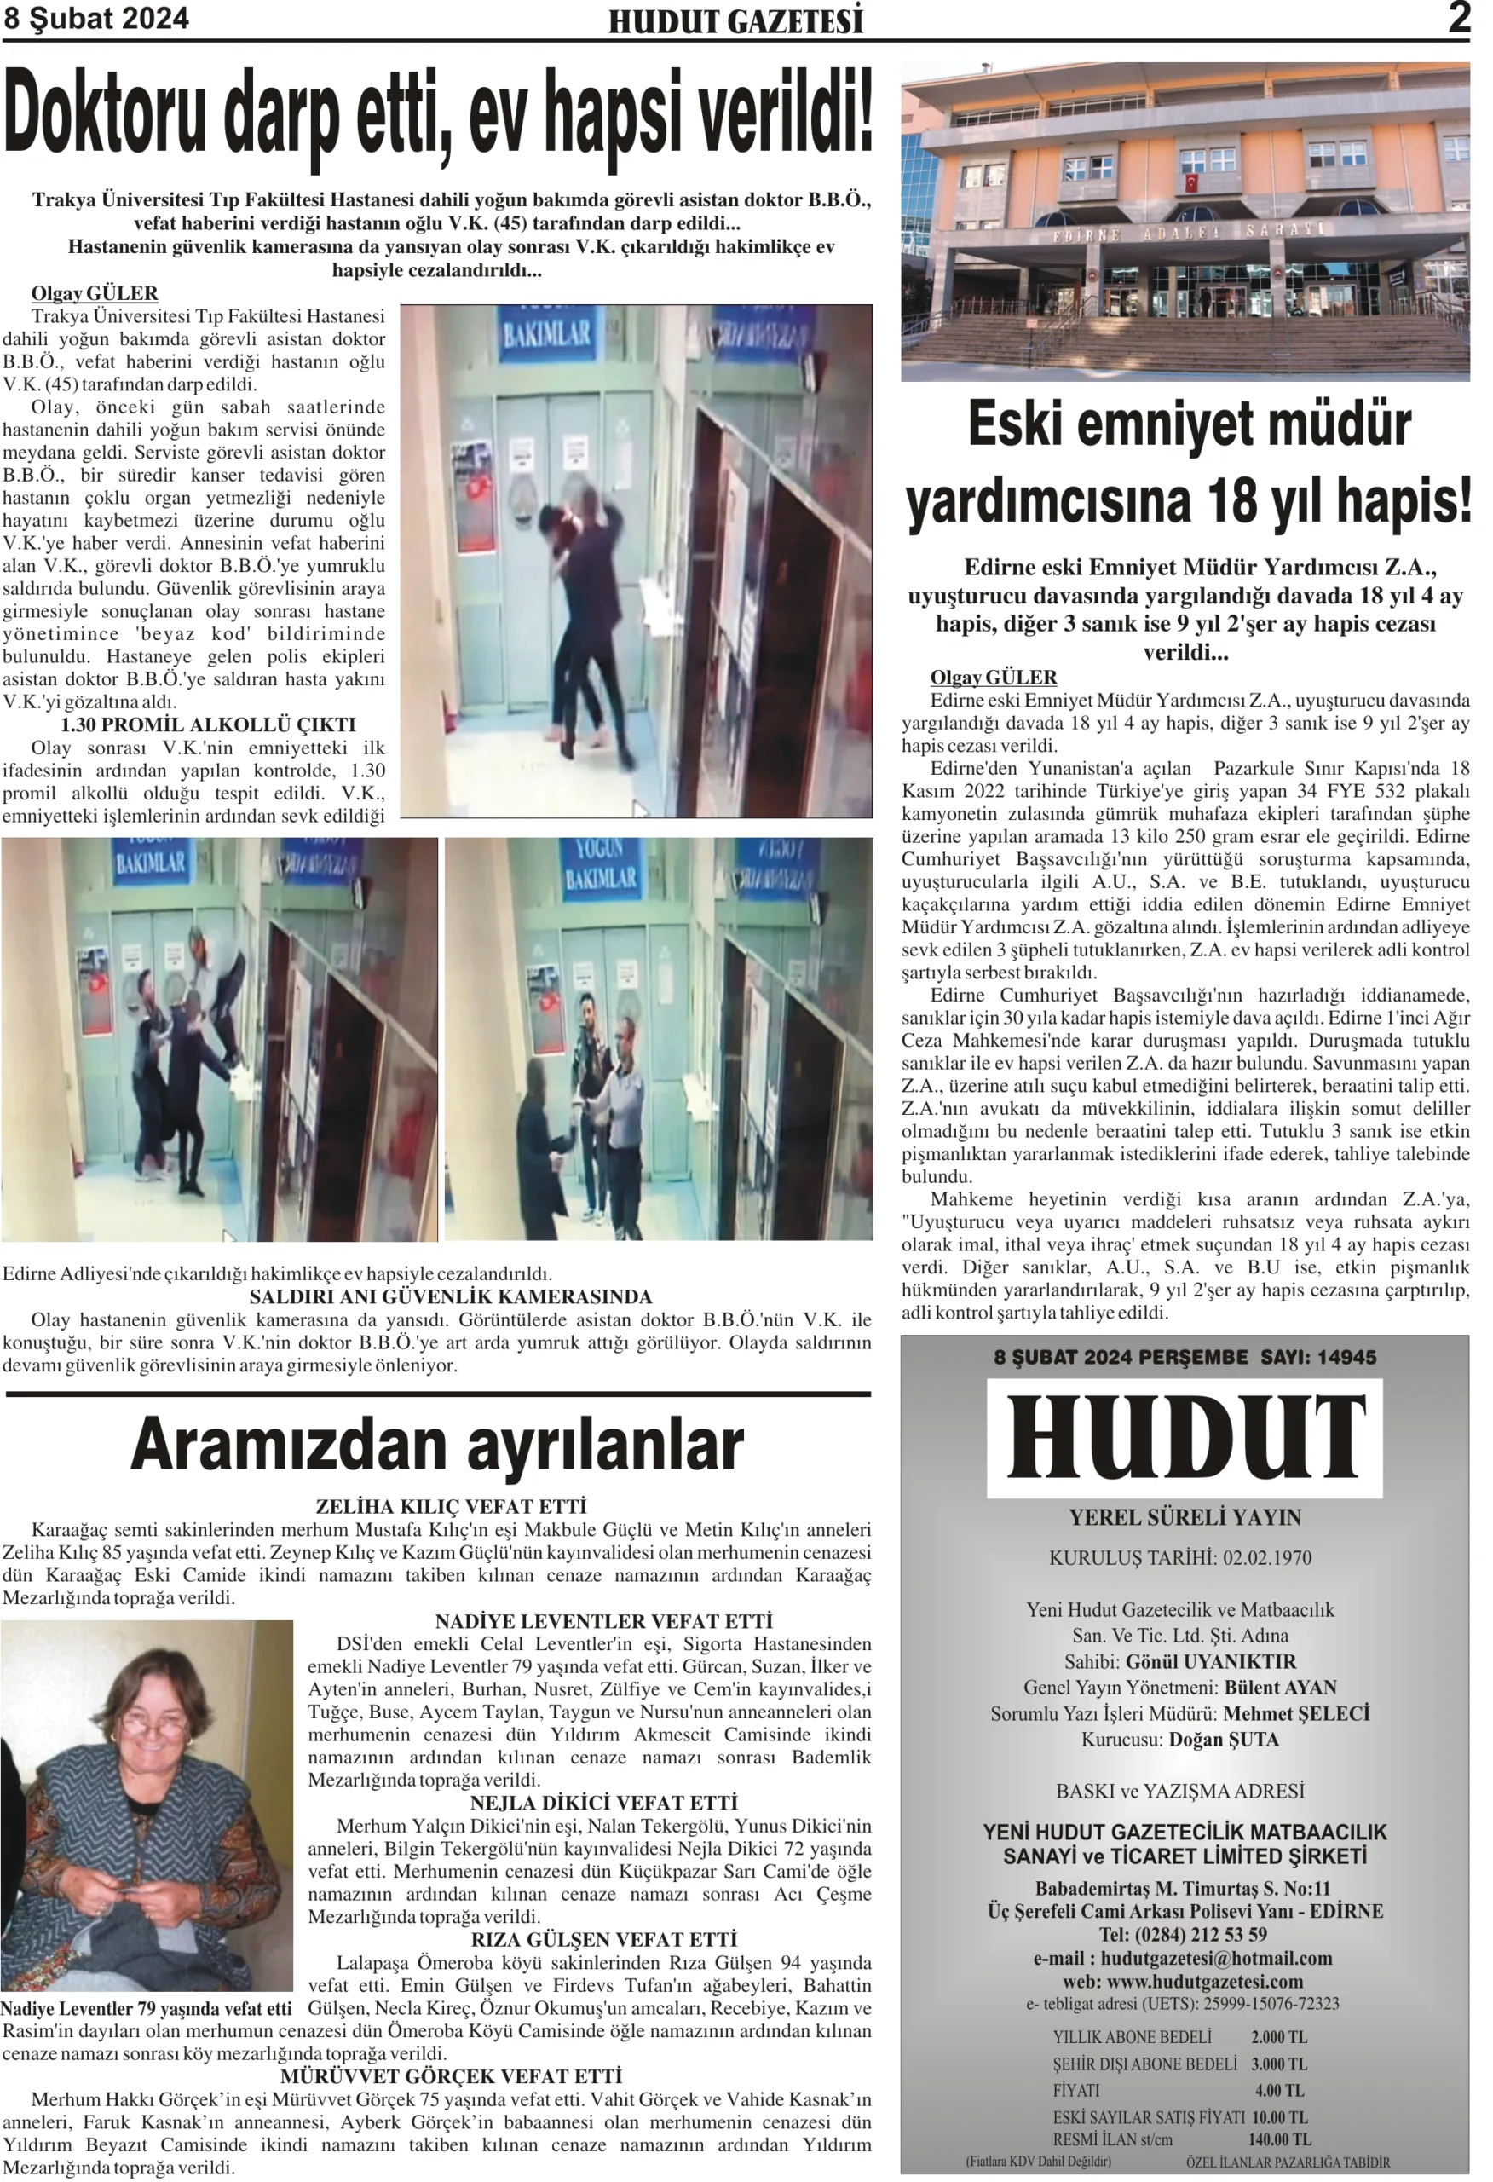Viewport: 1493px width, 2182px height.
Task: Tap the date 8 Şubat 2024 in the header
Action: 95,19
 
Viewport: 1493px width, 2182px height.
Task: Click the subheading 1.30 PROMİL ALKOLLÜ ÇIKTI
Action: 208,724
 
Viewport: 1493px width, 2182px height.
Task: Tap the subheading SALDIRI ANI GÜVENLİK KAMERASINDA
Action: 450,1296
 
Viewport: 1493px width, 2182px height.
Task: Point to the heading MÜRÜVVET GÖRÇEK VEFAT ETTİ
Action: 451,2076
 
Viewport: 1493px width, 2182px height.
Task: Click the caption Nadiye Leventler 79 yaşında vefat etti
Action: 147,2009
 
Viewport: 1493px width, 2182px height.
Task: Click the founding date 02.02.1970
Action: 1266,1557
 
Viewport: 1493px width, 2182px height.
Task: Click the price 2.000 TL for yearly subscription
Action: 1278,2036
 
